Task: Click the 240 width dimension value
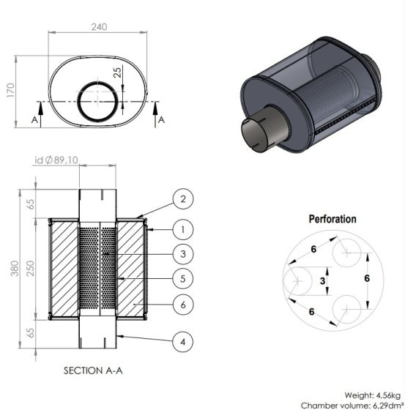(99, 26)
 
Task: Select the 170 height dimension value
(10, 90)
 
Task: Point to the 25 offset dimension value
(117, 72)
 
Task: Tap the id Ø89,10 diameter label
(56, 160)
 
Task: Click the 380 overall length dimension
(15, 268)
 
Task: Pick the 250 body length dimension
(30, 268)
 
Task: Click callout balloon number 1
(183, 230)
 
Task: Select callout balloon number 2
(183, 199)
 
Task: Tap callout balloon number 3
(183, 254)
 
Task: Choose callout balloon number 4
(183, 342)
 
